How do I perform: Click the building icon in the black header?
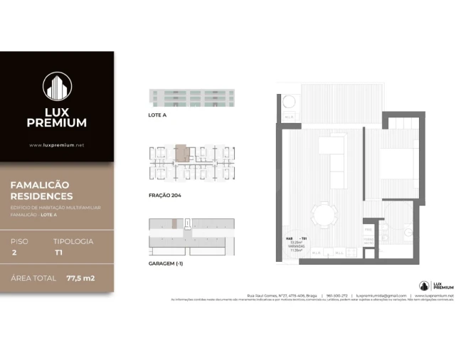(x=57, y=86)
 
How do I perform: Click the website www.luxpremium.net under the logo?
(x=57, y=145)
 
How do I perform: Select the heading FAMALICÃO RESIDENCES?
(x=42, y=190)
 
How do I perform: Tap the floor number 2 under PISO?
(x=14, y=252)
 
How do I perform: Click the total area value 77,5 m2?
(x=80, y=277)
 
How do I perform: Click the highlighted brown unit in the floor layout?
(x=183, y=151)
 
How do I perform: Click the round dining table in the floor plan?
(x=327, y=213)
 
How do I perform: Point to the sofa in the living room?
(x=331, y=154)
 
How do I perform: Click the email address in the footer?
(x=381, y=295)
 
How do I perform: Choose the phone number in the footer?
(x=336, y=295)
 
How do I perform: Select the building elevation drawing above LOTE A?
(x=192, y=98)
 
